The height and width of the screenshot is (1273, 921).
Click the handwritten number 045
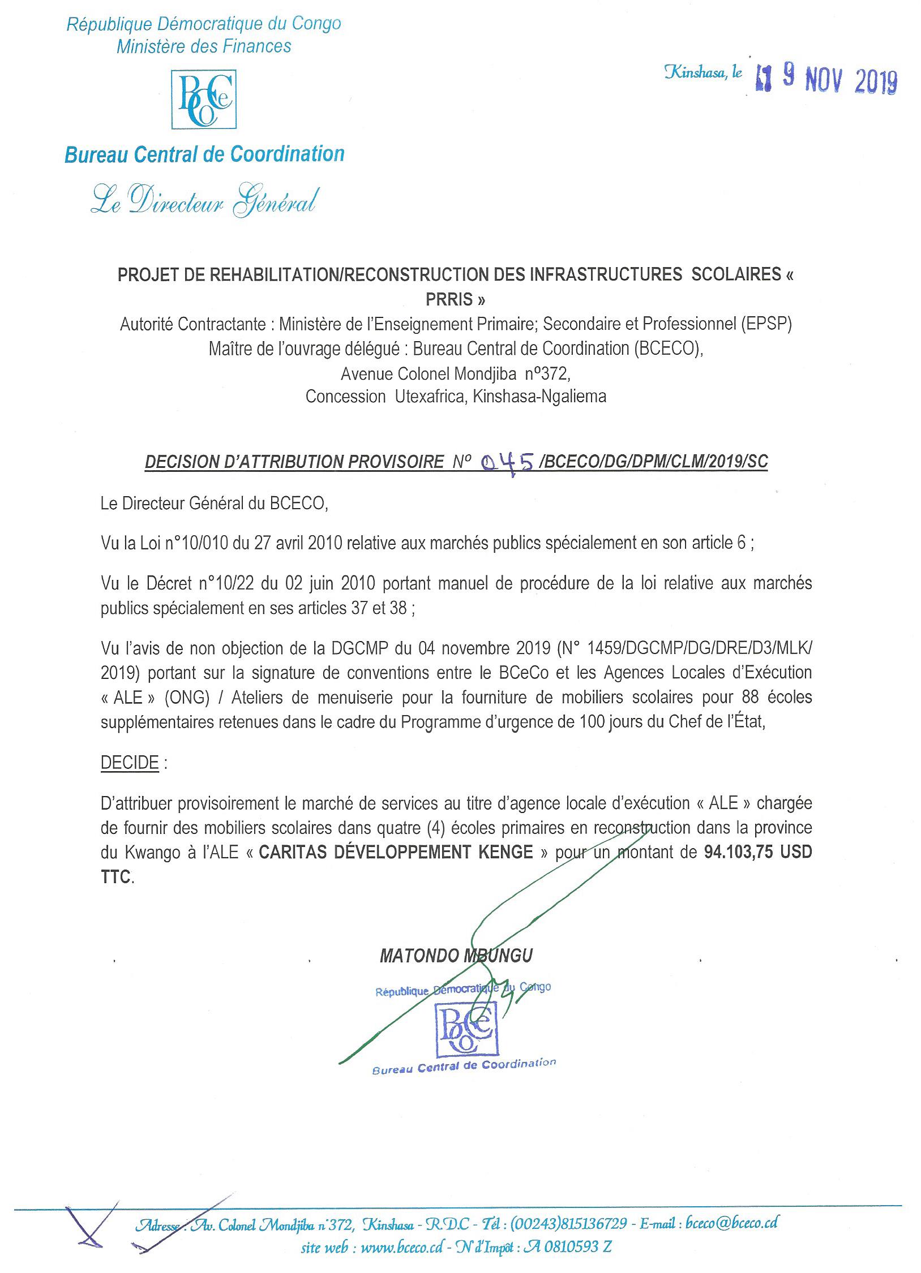coord(507,463)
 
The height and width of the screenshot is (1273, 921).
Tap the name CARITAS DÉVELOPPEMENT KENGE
coord(396,853)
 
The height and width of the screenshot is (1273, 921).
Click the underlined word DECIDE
coord(130,763)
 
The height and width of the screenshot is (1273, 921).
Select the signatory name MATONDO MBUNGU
coord(456,956)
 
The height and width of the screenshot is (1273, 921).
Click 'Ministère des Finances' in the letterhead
coord(204,46)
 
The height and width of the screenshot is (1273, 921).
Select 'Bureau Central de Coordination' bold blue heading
coord(204,154)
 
